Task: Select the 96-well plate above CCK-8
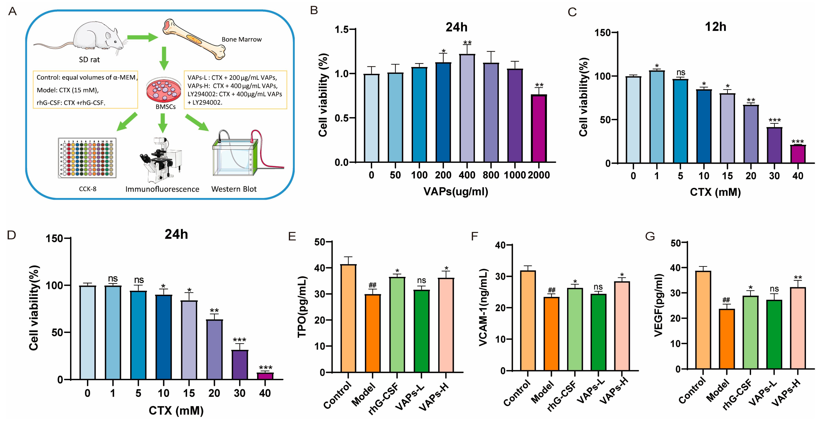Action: pyautogui.click(x=87, y=158)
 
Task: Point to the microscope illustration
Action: pyautogui.click(x=160, y=160)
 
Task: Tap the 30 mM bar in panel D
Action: pyautogui.click(x=240, y=365)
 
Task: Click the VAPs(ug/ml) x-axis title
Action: pyautogui.click(x=456, y=191)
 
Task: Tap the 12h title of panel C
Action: pyautogui.click(x=715, y=27)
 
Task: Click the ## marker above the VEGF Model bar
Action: pyautogui.click(x=726, y=300)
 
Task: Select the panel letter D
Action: pyautogui.click(x=11, y=235)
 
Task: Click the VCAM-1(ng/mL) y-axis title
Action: pyautogui.click(x=483, y=307)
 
